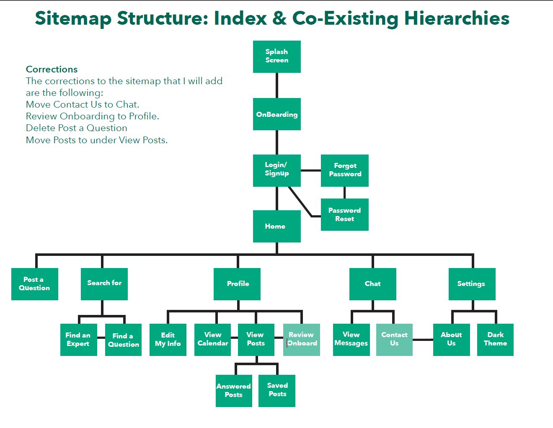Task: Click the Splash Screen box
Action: click(276, 57)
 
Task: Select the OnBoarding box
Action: click(276, 114)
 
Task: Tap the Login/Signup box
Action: click(276, 170)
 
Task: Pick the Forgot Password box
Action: click(344, 170)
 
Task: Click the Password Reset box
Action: click(344, 214)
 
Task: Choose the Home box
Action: click(276, 226)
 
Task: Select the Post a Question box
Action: click(35, 284)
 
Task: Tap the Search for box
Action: click(104, 284)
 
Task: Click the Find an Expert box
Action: click(79, 340)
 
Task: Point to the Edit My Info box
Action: click(168, 340)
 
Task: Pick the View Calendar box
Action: click(212, 340)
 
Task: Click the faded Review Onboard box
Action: click(301, 340)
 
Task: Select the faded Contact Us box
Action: click(394, 340)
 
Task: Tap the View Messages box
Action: click(351, 340)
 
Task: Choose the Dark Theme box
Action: click(495, 340)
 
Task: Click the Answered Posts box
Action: click(234, 391)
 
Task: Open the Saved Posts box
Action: click(277, 391)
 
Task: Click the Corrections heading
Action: click(52, 69)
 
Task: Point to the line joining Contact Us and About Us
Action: click(423, 340)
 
